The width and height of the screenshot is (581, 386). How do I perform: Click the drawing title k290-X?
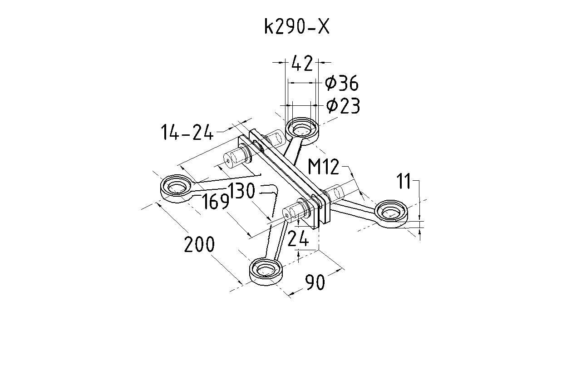(x=296, y=27)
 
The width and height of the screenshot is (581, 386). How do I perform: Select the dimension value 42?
(x=302, y=64)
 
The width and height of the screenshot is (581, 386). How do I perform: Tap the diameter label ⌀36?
(x=342, y=84)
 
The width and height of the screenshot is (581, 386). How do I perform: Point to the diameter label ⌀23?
(x=343, y=106)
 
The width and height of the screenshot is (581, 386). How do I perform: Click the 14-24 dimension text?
(x=187, y=133)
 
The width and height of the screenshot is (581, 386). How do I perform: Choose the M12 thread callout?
(x=323, y=167)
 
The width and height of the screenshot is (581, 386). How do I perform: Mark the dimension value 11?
(x=404, y=182)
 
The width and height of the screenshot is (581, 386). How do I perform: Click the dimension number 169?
(x=215, y=202)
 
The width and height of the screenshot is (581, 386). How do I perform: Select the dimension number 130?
(x=241, y=191)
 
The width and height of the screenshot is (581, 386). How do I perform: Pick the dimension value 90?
(x=315, y=282)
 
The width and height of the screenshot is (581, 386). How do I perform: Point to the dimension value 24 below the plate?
(x=298, y=238)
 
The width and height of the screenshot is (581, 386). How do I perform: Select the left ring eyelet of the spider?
(x=176, y=186)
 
